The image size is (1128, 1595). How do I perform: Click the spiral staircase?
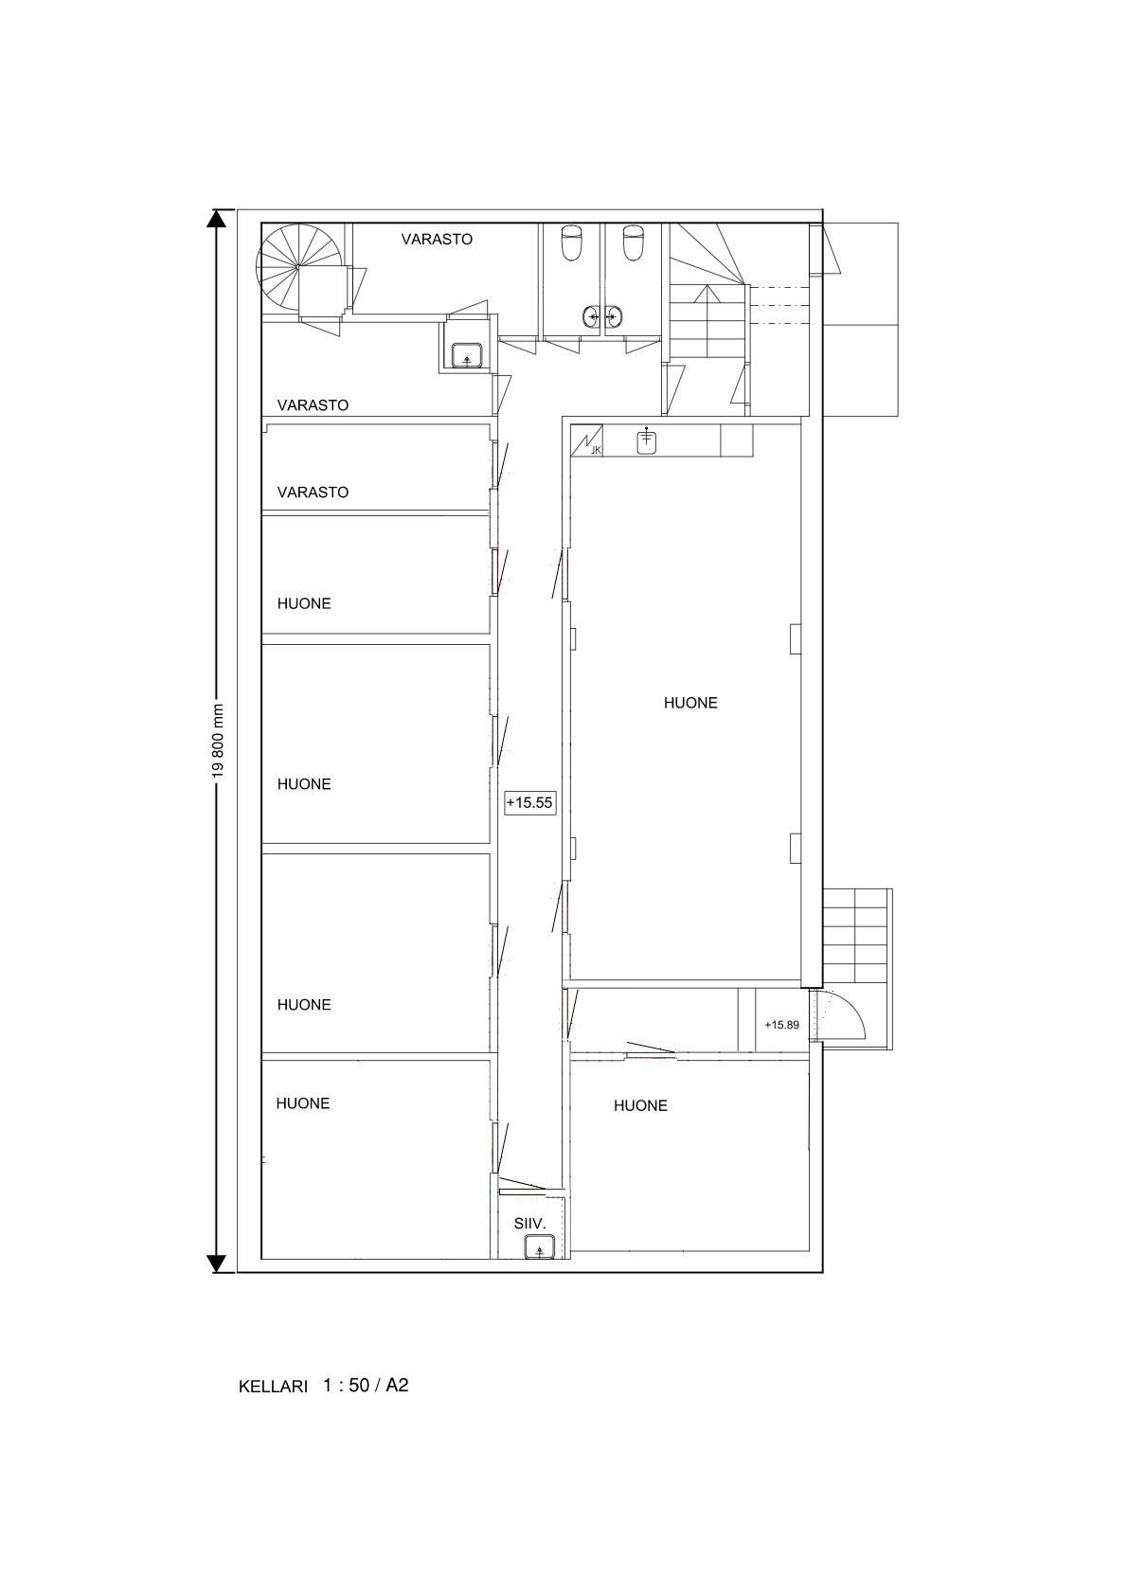(297, 266)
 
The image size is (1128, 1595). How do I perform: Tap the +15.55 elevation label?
(529, 802)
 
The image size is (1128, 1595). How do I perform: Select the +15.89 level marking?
(782, 1025)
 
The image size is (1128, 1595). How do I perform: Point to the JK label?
(597, 450)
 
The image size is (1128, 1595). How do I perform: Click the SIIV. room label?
(529, 1224)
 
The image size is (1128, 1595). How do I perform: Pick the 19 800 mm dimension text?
(218, 742)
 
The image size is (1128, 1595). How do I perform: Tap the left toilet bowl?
(572, 242)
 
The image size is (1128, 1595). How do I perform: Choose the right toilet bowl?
(633, 242)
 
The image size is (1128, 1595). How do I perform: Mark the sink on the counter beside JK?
(646, 440)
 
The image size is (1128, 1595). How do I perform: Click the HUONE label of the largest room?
(690, 703)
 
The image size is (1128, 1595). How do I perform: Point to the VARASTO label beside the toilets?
(437, 240)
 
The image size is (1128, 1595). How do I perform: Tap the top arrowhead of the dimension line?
(217, 218)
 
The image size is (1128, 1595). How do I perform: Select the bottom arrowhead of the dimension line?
(217, 1263)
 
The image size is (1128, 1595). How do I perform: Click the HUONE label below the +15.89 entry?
(640, 1106)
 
